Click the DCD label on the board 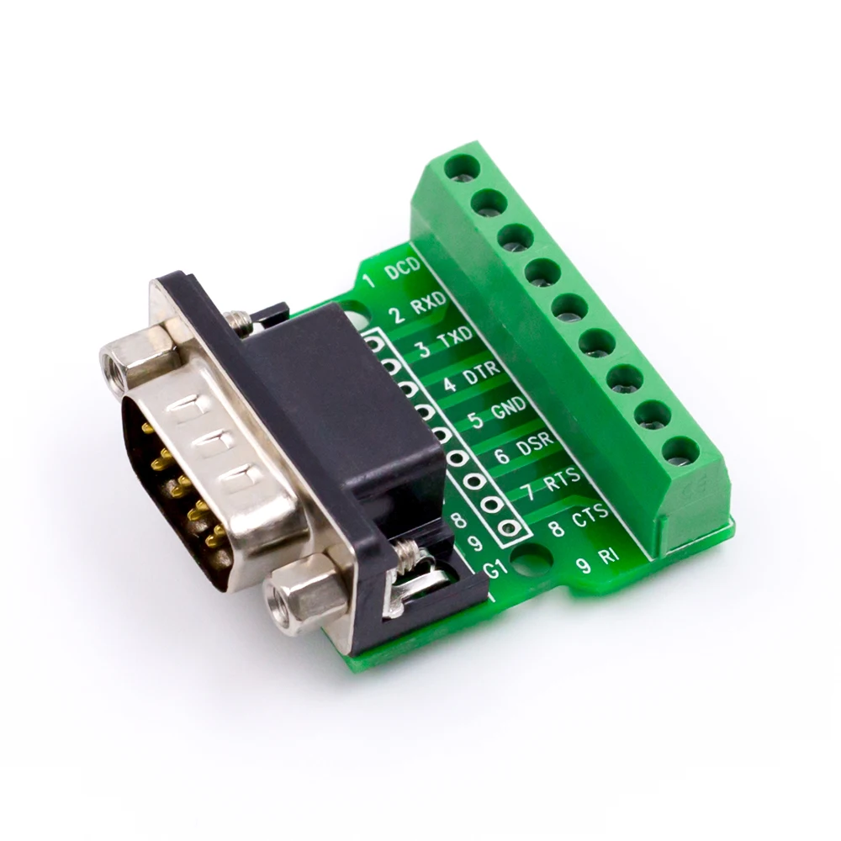pyautogui.click(x=404, y=268)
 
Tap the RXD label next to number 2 pyautogui.click(x=428, y=304)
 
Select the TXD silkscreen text pyautogui.click(x=455, y=338)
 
